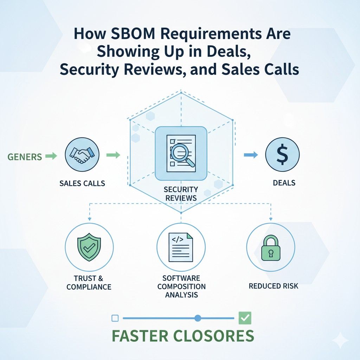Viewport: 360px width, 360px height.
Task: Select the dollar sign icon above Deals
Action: (x=282, y=155)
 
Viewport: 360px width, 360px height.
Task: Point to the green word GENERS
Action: (x=25, y=157)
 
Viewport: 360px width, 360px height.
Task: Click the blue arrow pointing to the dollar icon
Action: (x=251, y=155)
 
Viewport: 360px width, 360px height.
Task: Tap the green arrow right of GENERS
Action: (x=51, y=156)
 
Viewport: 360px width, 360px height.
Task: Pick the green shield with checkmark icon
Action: (x=89, y=247)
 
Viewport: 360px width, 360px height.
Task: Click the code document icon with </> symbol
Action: (x=181, y=247)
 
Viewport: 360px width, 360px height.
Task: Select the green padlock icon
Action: (x=271, y=248)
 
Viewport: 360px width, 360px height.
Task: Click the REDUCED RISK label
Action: (x=274, y=286)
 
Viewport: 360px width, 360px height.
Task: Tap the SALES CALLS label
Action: (x=82, y=183)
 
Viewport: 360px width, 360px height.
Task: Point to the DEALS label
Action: (x=284, y=183)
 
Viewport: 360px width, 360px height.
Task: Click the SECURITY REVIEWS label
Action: (x=181, y=194)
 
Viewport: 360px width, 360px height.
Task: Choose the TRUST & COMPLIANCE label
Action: (x=89, y=283)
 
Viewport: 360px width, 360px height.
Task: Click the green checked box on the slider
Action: (x=245, y=318)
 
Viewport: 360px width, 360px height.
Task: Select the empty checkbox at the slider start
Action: (x=115, y=318)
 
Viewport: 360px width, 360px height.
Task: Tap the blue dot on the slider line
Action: (x=198, y=318)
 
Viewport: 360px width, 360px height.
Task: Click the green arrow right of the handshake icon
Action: (x=114, y=155)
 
